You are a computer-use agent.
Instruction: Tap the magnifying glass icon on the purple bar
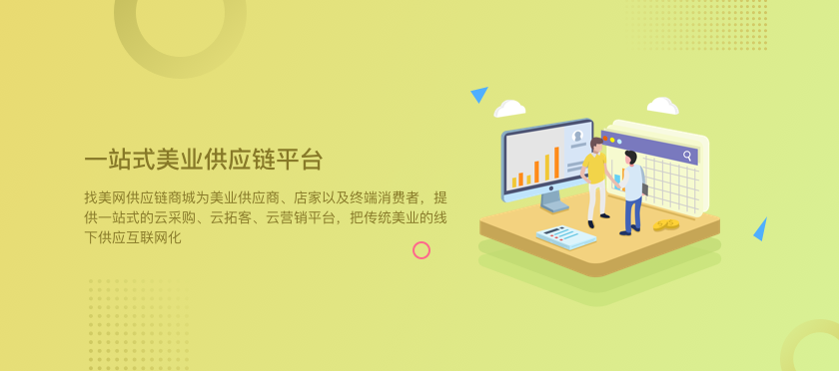point(687,156)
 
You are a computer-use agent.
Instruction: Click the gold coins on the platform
point(665,224)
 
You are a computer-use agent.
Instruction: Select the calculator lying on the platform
point(566,237)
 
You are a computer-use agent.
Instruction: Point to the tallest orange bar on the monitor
point(556,163)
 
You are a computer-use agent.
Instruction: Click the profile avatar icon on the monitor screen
point(577,136)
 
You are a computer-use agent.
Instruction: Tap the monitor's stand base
point(554,205)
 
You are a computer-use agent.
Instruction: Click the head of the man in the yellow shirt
point(596,145)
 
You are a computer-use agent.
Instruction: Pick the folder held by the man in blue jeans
point(645,189)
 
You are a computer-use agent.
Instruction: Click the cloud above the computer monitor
point(509,109)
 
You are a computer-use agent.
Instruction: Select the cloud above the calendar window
point(662,106)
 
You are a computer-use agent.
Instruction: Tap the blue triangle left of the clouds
point(479,94)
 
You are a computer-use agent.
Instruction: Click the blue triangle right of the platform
point(760,229)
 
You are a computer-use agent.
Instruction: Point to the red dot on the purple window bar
point(605,139)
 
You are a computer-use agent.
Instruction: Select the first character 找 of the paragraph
point(90,197)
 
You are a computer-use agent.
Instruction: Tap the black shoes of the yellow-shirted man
point(598,219)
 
